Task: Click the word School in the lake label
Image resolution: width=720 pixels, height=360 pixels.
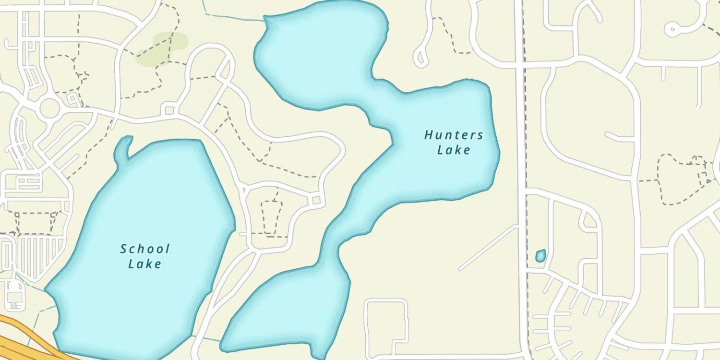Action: click(x=144, y=249)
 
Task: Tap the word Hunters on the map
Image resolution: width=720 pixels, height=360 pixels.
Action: click(x=454, y=135)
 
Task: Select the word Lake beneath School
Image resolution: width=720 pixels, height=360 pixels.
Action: click(x=144, y=264)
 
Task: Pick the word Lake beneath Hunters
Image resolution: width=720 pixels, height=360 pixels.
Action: click(x=454, y=150)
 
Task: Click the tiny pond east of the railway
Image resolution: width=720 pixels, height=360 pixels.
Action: click(x=540, y=255)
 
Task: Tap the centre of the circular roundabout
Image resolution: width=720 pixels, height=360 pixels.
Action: click(x=49, y=108)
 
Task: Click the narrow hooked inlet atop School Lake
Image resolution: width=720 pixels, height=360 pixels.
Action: click(x=124, y=146)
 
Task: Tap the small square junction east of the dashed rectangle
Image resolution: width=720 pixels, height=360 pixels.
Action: click(x=316, y=200)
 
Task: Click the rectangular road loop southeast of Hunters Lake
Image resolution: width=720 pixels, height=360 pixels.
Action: click(x=386, y=326)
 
